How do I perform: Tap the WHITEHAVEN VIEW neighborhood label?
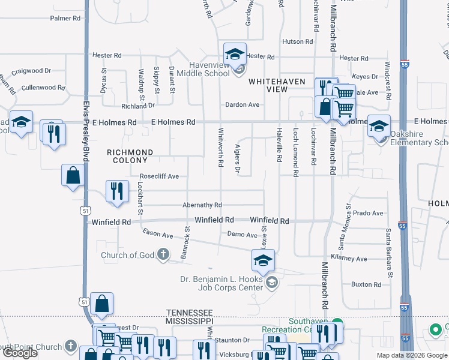point(277,85)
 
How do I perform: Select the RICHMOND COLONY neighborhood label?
point(130,157)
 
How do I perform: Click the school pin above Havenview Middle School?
point(235,53)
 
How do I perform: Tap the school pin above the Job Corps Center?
point(262,260)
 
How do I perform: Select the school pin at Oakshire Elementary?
point(379,125)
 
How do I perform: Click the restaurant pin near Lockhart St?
point(117,191)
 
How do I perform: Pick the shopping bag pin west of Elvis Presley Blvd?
point(73,176)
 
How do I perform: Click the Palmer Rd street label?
point(65,19)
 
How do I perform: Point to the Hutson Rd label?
point(298,42)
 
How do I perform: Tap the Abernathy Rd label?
point(202,205)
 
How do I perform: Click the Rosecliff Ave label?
point(160,176)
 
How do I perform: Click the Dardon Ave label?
point(242,104)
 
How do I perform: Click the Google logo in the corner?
point(20,353)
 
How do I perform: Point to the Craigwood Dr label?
point(31,71)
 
